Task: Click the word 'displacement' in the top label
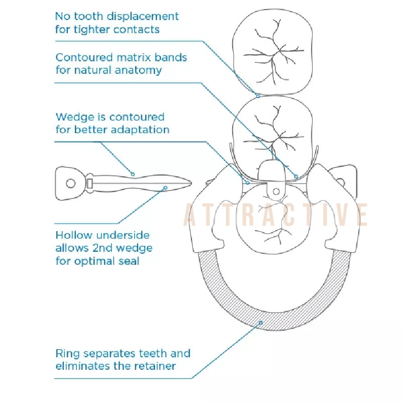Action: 143,17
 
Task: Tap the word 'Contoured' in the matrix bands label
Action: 84,57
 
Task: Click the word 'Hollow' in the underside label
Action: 74,235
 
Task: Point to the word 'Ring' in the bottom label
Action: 68,354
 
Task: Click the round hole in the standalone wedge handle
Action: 71,183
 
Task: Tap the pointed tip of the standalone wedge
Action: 191,183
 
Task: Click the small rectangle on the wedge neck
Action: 90,183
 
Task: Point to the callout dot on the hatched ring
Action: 261,323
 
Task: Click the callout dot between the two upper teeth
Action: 258,96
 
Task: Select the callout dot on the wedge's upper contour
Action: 133,174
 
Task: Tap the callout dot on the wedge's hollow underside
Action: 165,188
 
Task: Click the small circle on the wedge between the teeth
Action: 276,191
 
